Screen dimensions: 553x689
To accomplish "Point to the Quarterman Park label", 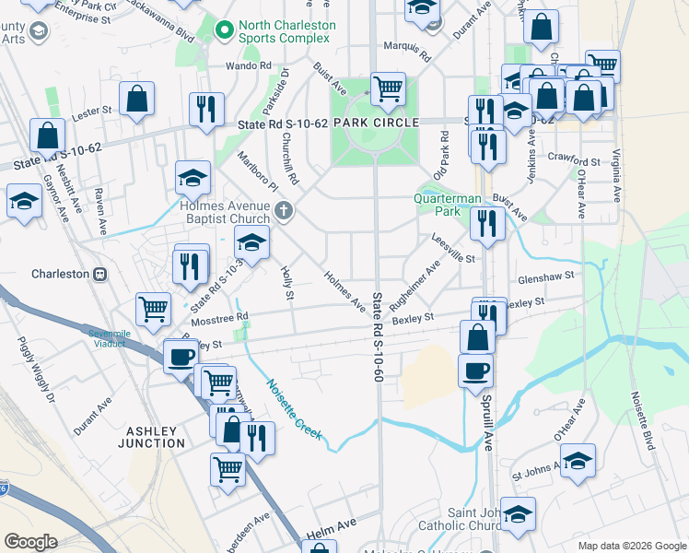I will (x=448, y=204).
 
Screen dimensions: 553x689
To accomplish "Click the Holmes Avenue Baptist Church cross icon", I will (x=284, y=211).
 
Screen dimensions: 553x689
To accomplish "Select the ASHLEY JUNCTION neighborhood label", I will (x=151, y=436).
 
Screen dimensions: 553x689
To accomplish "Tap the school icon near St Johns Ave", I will (x=578, y=461).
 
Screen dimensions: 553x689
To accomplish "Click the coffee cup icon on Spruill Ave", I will (x=475, y=371).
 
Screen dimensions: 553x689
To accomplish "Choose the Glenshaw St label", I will (x=546, y=275).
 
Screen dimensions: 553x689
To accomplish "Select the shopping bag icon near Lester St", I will (x=136, y=100).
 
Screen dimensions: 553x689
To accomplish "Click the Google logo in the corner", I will (x=31, y=542).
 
